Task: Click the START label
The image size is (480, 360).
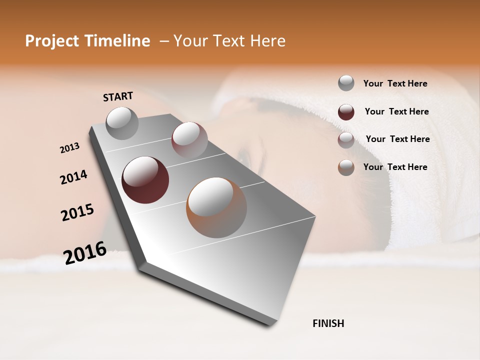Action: click(x=118, y=96)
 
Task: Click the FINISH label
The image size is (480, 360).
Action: click(x=328, y=323)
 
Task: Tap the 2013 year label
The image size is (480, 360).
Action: click(x=69, y=148)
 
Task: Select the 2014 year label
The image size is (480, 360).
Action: click(x=73, y=177)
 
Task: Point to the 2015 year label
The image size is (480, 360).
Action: click(x=77, y=212)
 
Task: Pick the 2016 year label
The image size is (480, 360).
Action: click(x=85, y=252)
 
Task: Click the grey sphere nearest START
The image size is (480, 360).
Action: click(x=122, y=123)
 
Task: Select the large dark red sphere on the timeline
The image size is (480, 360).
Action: click(x=145, y=180)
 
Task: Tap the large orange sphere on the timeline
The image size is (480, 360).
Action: click(x=216, y=207)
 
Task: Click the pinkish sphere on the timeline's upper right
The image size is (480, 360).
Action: click(x=189, y=140)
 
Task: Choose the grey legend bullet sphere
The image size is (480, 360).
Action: click(x=346, y=83)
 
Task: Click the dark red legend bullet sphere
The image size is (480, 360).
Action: click(x=346, y=112)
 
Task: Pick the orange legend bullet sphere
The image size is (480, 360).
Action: click(x=346, y=167)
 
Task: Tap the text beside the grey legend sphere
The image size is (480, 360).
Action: click(x=395, y=84)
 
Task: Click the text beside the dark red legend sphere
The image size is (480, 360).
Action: click(x=396, y=111)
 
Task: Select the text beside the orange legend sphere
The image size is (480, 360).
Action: click(x=395, y=167)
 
